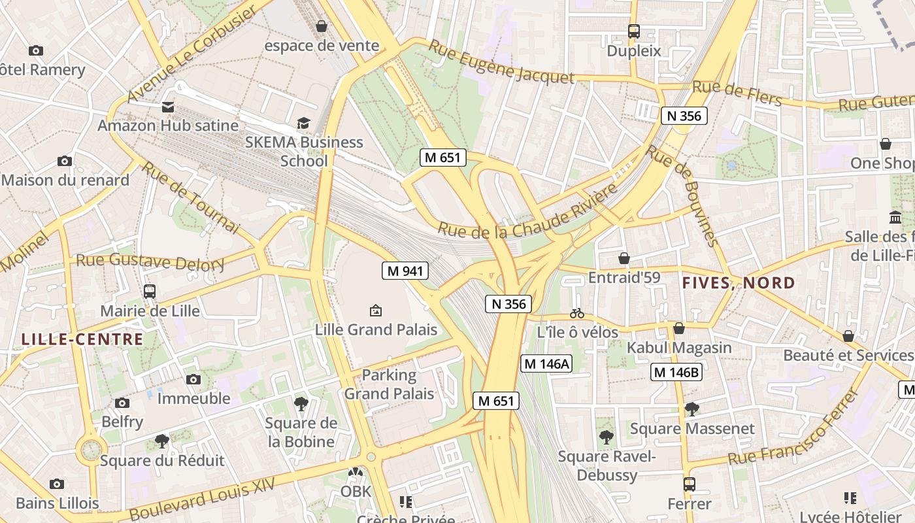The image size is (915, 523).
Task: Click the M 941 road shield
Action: (x=405, y=271)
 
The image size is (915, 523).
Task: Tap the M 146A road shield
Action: (x=546, y=364)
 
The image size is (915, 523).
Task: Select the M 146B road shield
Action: (x=676, y=373)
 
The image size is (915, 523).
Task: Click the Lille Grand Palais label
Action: (x=376, y=329)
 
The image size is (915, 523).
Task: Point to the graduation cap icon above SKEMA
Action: (x=303, y=124)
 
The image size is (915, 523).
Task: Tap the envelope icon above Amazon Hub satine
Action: (x=168, y=107)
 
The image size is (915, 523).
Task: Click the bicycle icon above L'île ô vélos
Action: (x=577, y=314)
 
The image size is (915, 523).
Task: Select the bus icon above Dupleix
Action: (x=633, y=31)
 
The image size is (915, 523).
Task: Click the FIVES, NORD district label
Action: (x=739, y=284)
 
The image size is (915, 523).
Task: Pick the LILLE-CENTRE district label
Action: (x=82, y=339)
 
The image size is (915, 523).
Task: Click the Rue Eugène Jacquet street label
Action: (x=501, y=63)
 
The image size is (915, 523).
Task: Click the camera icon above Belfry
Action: (x=122, y=403)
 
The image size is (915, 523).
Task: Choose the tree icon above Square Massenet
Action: (x=691, y=409)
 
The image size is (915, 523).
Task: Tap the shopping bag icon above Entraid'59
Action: (x=624, y=258)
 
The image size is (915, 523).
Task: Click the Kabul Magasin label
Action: (x=679, y=348)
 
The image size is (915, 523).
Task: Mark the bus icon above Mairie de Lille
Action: (x=150, y=292)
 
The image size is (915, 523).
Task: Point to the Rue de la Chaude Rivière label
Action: (x=527, y=212)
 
